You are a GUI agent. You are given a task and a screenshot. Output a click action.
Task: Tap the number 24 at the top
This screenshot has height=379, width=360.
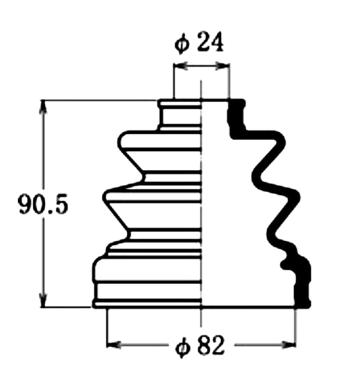(210, 42)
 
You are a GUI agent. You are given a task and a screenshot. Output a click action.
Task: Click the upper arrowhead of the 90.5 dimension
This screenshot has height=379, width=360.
(43, 106)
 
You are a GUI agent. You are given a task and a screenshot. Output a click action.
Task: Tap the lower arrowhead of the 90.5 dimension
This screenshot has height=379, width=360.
(43, 300)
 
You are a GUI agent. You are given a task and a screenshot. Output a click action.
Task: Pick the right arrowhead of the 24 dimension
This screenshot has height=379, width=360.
(222, 66)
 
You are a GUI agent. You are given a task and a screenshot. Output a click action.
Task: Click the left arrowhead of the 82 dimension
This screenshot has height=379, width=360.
(114, 345)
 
